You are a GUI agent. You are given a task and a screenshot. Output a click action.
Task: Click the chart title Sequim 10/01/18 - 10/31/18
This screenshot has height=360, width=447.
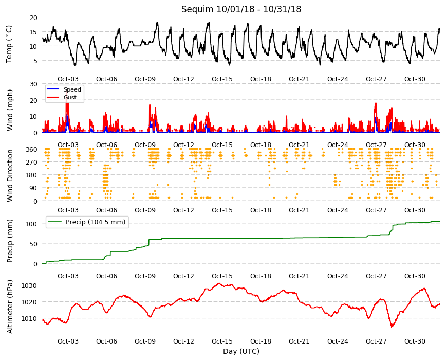(241, 9)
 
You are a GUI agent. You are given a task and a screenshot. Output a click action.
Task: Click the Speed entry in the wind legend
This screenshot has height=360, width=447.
(72, 89)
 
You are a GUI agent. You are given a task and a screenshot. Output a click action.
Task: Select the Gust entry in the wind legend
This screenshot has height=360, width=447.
(70, 97)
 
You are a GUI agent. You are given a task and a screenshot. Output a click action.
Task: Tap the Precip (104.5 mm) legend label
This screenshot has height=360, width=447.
(96, 222)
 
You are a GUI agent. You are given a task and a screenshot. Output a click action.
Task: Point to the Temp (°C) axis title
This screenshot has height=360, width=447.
(9, 44)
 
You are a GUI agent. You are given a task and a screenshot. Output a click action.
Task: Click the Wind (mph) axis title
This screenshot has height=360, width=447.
(10, 110)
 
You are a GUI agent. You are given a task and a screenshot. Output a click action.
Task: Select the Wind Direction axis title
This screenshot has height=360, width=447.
(10, 176)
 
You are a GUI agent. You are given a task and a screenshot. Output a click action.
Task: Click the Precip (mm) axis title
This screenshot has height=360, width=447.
(10, 241)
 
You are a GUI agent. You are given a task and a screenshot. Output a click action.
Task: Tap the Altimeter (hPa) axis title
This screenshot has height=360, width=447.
(10, 307)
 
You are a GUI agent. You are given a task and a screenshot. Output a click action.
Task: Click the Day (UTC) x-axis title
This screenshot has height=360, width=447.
(241, 351)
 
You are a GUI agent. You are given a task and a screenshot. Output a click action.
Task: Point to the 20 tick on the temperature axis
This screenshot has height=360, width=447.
(33, 17)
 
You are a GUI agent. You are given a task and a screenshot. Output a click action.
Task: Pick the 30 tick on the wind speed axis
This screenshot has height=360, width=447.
(33, 84)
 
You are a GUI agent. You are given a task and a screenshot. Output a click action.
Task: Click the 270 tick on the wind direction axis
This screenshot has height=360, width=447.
(31, 163)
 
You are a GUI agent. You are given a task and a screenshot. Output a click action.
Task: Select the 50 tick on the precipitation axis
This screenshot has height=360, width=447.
(33, 244)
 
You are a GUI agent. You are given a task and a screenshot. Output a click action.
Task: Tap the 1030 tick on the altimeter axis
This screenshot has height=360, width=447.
(29, 286)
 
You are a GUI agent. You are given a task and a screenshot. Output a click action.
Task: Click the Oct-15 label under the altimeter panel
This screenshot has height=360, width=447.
(222, 341)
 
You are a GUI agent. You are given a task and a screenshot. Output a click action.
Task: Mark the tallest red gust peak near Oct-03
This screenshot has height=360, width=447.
(67, 91)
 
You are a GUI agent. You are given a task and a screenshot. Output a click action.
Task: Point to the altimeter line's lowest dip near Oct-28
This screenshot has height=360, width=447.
(392, 327)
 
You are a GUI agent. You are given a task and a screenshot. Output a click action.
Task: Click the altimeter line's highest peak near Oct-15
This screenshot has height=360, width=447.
(219, 283)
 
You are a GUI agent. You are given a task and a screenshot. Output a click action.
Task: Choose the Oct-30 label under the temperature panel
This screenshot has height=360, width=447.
(415, 79)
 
